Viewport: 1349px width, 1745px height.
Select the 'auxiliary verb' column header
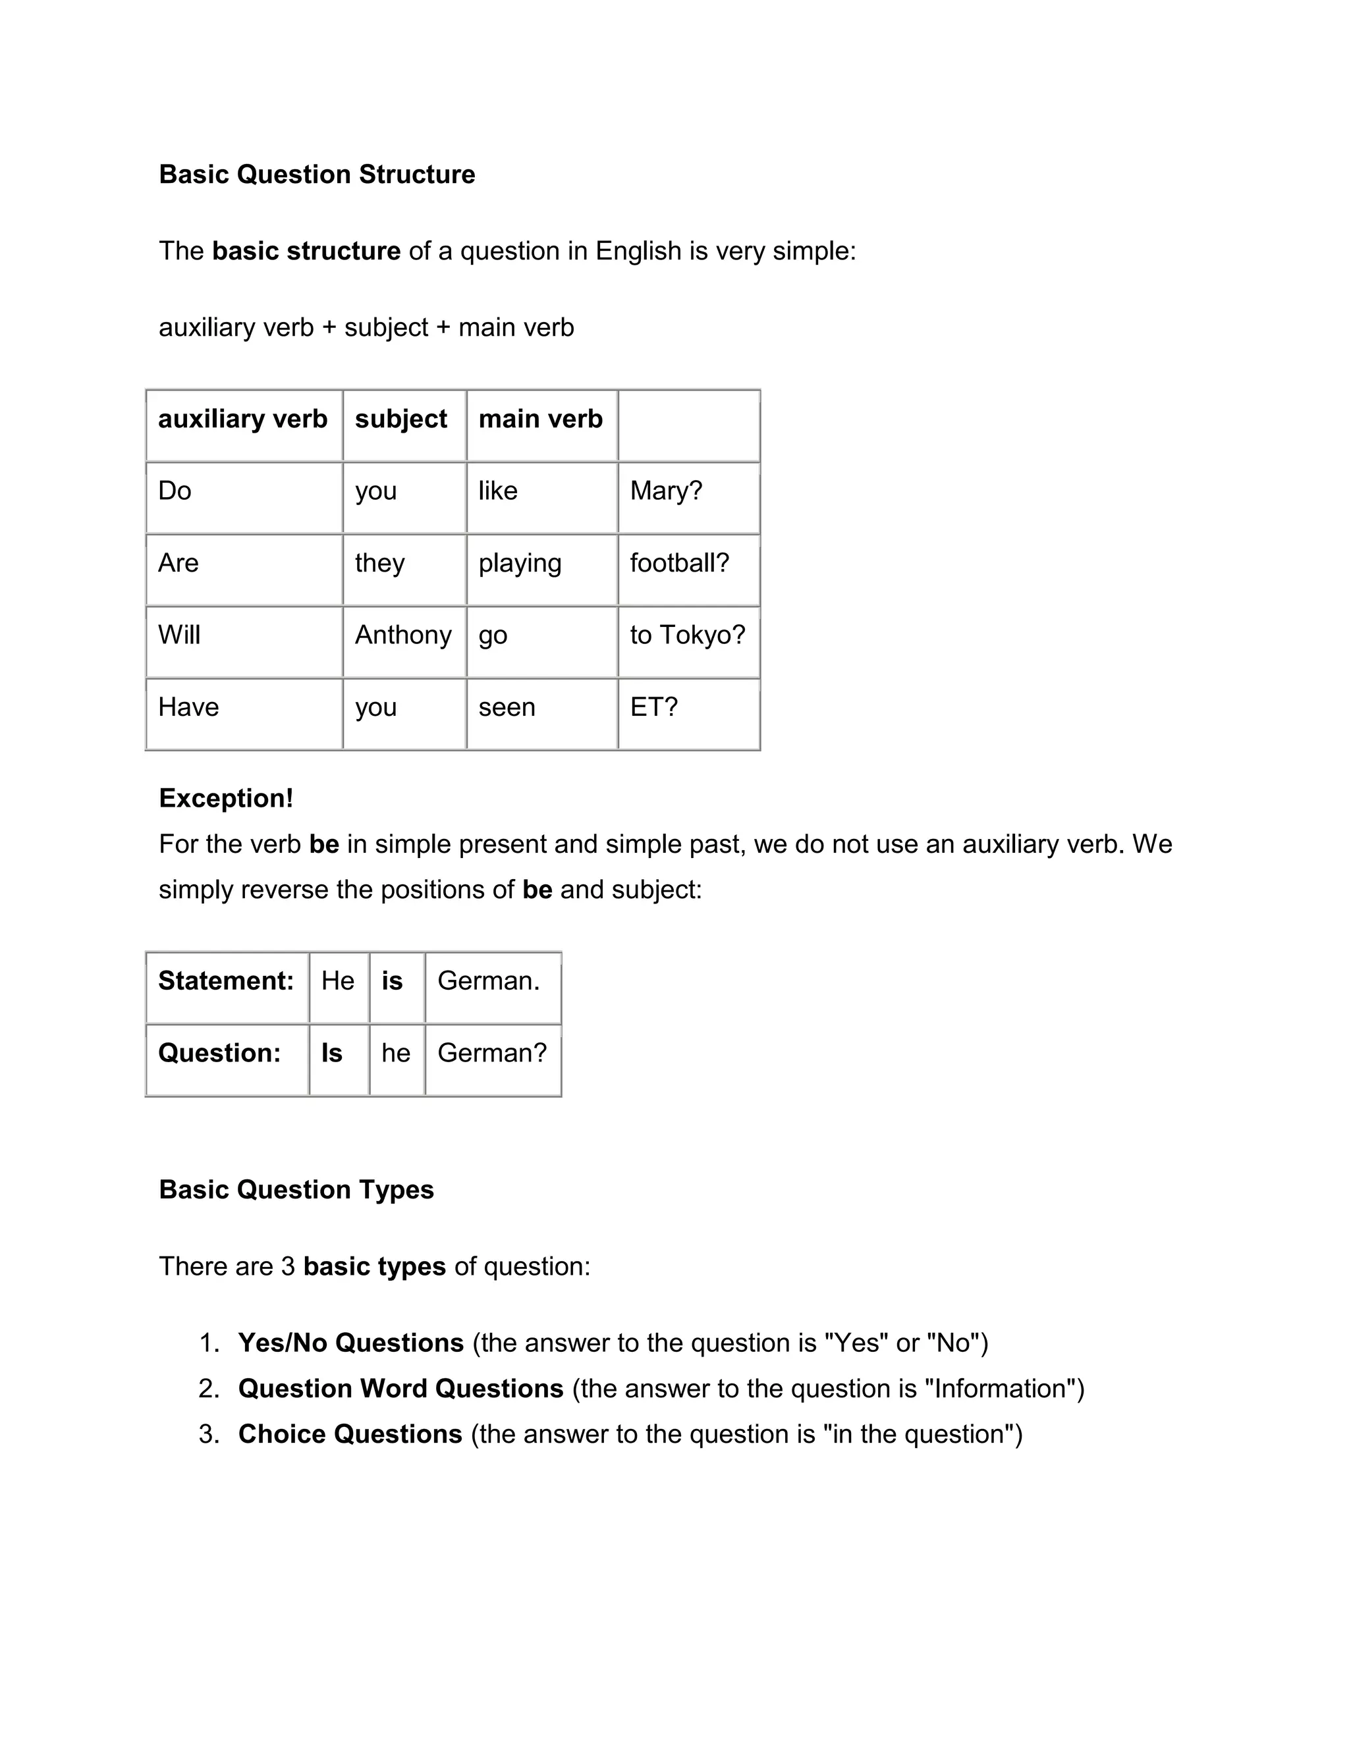[x=242, y=419]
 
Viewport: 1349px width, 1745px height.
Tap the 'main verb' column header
[x=540, y=419]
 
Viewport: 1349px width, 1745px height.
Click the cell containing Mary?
[x=666, y=491]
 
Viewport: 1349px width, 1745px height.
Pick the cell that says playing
[x=520, y=563]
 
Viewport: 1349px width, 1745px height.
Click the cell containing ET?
[x=653, y=707]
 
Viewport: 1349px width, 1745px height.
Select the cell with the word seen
[x=507, y=707]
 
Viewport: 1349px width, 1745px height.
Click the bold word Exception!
[x=226, y=798]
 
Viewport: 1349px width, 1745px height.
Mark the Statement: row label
[x=226, y=981]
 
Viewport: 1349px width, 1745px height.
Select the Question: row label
[x=220, y=1053]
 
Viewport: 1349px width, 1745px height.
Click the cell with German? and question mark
[x=492, y=1053]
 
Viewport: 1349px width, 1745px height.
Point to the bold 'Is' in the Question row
[x=332, y=1053]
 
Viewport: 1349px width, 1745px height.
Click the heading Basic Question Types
[x=296, y=1190]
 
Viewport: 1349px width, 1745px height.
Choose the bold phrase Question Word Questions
[x=400, y=1389]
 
